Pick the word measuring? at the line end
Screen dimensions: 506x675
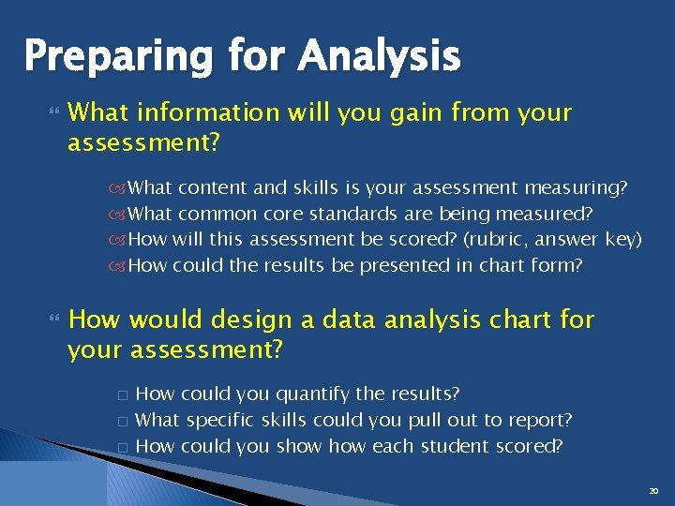577,188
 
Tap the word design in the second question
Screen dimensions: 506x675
249,320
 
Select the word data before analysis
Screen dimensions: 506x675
345,320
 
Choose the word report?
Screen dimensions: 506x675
537,420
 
